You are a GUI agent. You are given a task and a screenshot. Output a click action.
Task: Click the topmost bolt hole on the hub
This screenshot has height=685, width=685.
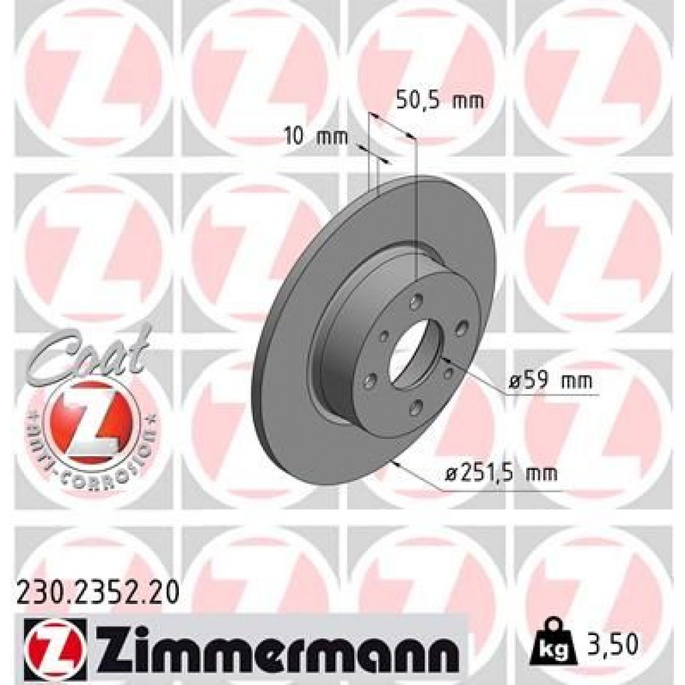pyautogui.click(x=417, y=299)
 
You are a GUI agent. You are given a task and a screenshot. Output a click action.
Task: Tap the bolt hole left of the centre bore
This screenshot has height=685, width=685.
pyautogui.click(x=384, y=336)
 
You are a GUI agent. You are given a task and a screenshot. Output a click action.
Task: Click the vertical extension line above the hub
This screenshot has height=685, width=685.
pyautogui.click(x=417, y=206)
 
